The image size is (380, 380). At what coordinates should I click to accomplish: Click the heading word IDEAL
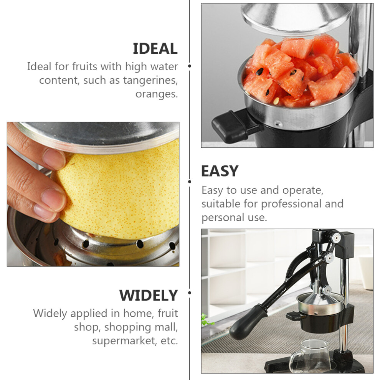pos(155,48)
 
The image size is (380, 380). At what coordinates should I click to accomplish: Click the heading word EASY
pos(220,171)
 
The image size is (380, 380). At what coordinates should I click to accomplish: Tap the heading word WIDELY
pos(149,295)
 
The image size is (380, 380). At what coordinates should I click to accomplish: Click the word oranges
pos(157,94)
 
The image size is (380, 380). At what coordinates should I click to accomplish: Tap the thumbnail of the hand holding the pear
pos(93,194)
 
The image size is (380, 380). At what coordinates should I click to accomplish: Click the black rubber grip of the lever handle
pos(248,322)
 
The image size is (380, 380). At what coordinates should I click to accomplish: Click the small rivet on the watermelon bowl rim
pos(278,124)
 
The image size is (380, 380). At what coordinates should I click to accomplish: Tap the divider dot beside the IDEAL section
pos(190,66)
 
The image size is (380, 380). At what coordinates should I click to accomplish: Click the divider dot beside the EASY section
pos(190,182)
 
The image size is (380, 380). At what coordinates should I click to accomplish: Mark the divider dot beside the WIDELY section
pos(190,293)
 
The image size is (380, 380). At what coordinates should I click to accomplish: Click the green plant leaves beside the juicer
pos(207,320)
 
